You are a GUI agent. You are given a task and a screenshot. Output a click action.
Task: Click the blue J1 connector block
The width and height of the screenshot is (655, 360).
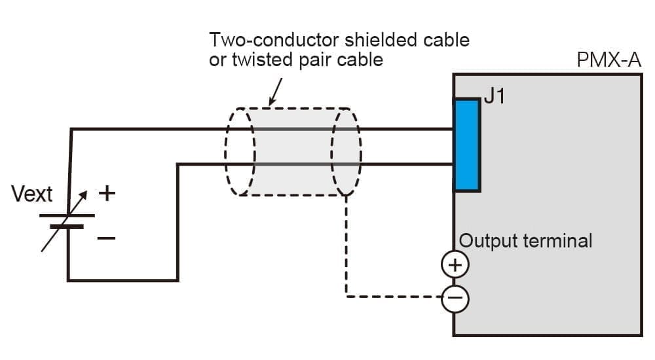(467, 145)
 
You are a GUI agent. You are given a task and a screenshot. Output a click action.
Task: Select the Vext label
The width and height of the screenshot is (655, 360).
(32, 194)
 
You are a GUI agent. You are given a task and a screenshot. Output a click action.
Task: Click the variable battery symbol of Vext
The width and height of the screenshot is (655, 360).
(67, 221)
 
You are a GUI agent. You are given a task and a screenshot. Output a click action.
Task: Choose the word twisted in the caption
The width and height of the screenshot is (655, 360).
(263, 59)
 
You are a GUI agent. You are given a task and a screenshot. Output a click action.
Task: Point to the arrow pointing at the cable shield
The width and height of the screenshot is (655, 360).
(275, 92)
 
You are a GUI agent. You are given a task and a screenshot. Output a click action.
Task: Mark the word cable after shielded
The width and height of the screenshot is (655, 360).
(445, 40)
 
